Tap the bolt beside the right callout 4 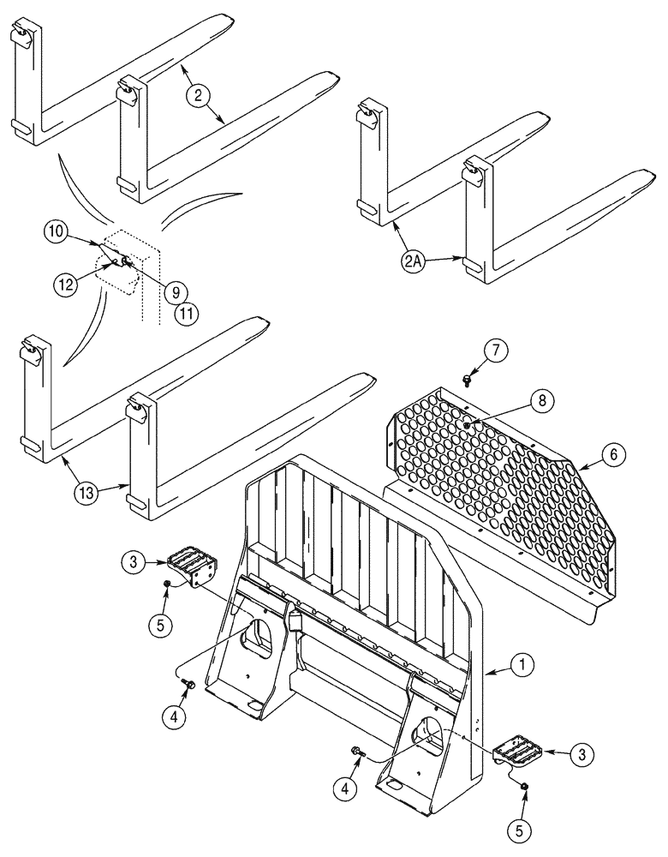tap(357, 752)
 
